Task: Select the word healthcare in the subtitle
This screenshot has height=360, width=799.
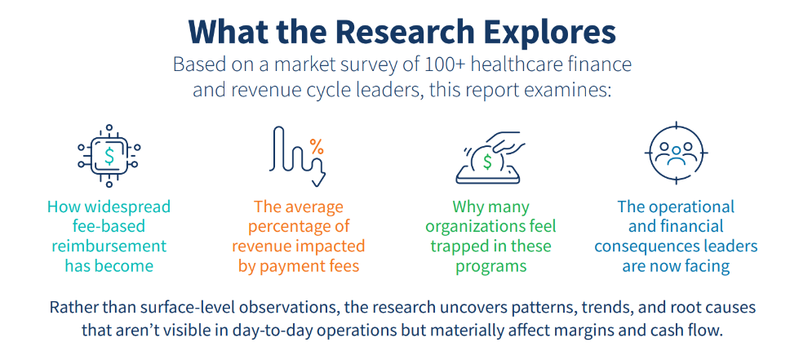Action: [x=524, y=64]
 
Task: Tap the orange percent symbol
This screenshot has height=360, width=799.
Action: [x=316, y=147]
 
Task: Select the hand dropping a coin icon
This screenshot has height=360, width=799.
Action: [x=490, y=155]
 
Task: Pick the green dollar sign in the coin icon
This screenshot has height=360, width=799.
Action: [x=487, y=161]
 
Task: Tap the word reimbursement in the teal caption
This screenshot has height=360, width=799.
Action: [x=109, y=246]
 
